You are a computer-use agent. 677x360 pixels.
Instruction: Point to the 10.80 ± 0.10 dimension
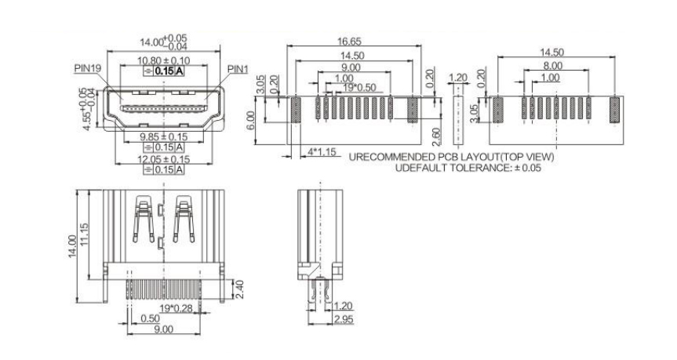[x=162, y=60]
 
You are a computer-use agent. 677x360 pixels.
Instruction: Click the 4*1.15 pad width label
[x=321, y=151]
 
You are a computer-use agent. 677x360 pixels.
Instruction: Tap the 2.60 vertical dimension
[x=436, y=137]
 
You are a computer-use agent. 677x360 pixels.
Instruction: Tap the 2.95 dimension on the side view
[x=343, y=320]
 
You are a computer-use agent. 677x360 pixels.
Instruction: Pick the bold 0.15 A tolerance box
[x=165, y=71]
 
